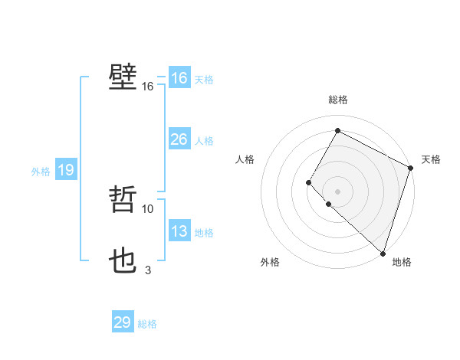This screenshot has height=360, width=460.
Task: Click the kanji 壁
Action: [123, 77]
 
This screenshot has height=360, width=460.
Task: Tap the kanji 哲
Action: [123, 200]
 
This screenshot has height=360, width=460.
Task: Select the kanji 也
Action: [123, 261]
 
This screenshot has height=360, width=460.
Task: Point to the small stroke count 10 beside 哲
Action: [148, 208]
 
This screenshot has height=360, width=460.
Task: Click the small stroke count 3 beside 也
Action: [148, 270]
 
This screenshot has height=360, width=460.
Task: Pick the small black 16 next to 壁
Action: [148, 87]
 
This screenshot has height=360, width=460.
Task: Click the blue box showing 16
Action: [179, 78]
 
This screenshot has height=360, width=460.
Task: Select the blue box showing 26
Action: [179, 139]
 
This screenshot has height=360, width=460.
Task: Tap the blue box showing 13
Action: [179, 231]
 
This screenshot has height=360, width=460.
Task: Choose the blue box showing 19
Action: [66, 170]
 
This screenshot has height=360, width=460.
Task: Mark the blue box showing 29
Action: [123, 322]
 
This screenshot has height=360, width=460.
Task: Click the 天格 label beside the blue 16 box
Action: [204, 80]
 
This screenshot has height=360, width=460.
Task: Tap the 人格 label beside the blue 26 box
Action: [204, 141]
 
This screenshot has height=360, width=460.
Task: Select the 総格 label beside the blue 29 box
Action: [147, 324]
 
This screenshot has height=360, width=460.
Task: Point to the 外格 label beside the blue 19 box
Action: [41, 172]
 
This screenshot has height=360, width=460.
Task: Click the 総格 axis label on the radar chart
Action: [338, 100]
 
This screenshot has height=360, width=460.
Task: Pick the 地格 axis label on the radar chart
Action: [402, 262]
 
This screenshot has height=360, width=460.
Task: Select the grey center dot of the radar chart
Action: [337, 191]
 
